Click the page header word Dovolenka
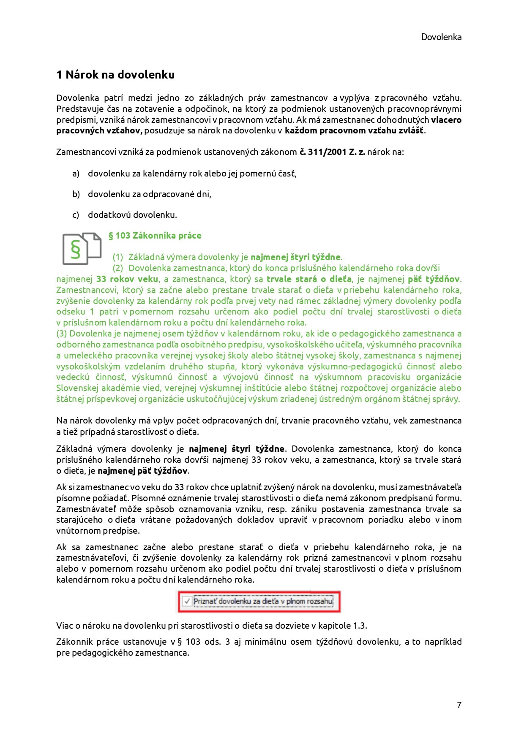tap(441, 37)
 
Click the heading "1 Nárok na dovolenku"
tap(115, 75)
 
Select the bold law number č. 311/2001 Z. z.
tap(332, 152)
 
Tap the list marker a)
tap(76, 174)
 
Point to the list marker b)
tap(76, 194)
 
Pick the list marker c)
tap(76, 215)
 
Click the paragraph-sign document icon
tap(82, 248)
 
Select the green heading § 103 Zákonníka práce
tap(155, 236)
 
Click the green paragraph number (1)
tap(117, 257)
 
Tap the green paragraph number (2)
tap(117, 268)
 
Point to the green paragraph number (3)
tap(62, 334)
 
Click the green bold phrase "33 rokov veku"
tap(127, 279)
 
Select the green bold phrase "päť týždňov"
tap(434, 279)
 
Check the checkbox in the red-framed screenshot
tap(186, 601)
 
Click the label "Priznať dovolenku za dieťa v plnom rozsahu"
tap(263, 601)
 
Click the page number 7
tap(459, 705)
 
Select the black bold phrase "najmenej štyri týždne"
tap(237, 449)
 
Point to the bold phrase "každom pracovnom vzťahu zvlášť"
tap(354, 130)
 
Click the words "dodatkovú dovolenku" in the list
tap(132, 215)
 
